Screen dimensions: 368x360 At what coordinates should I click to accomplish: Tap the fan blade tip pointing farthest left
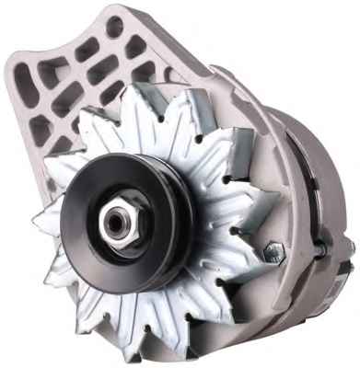click(34, 223)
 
